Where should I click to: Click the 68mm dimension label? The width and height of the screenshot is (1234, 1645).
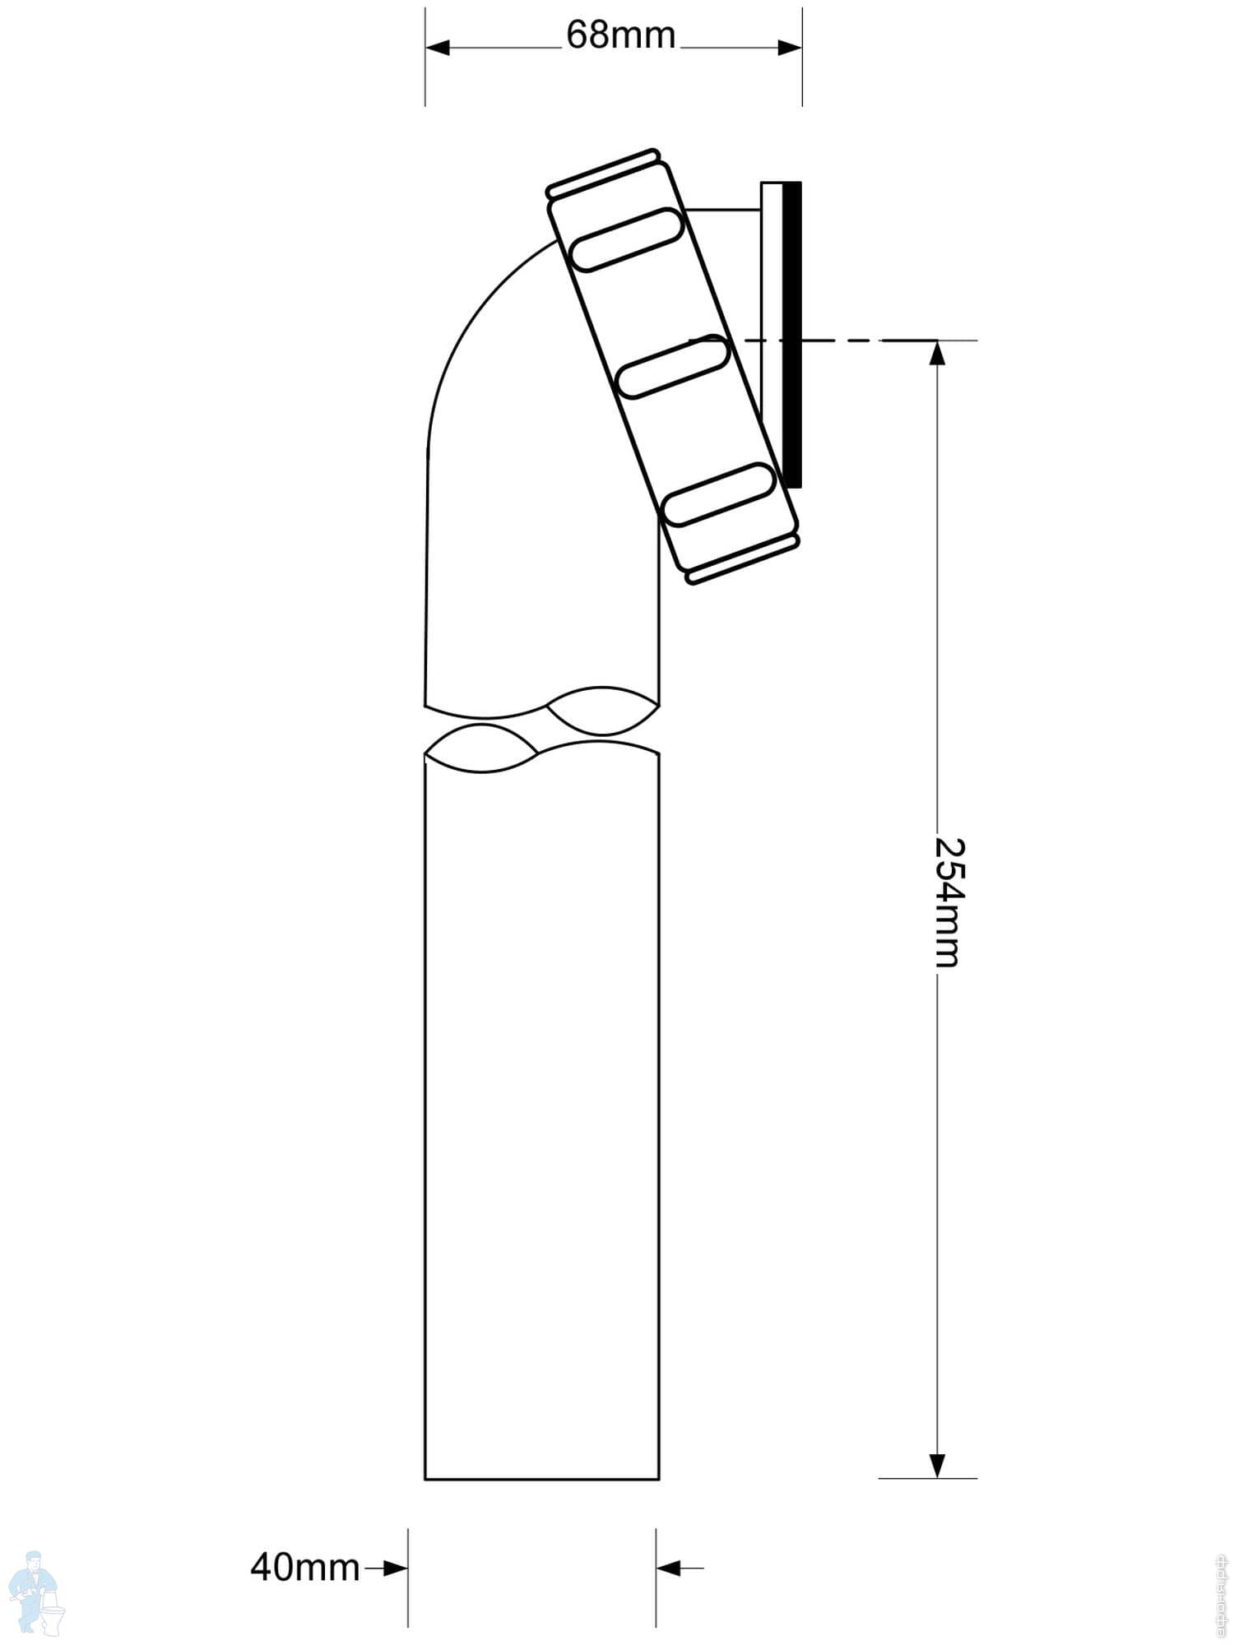[620, 35]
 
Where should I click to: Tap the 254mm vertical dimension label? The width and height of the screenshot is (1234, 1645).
[948, 902]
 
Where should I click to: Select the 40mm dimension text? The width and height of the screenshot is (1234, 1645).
[305, 1568]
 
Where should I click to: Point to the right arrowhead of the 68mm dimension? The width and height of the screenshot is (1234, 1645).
[789, 48]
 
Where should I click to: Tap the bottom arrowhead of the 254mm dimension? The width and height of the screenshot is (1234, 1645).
[937, 1465]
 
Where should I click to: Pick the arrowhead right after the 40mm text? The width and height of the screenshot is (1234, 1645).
[396, 1569]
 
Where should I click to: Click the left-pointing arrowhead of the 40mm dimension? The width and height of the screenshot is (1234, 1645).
[669, 1569]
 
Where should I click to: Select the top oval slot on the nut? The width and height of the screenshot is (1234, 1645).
[627, 239]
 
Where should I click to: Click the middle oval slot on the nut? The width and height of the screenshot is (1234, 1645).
[673, 368]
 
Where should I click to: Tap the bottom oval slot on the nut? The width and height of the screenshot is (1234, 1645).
[719, 495]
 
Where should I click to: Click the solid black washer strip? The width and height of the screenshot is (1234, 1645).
[791, 335]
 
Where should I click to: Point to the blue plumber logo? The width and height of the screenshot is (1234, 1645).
[38, 1592]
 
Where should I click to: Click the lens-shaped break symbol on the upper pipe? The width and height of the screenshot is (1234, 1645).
[602, 711]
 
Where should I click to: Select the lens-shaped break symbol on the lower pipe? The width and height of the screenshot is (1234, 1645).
[481, 748]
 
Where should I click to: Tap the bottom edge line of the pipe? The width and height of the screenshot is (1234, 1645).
[541, 1479]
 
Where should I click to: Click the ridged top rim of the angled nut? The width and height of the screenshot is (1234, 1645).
[602, 173]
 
